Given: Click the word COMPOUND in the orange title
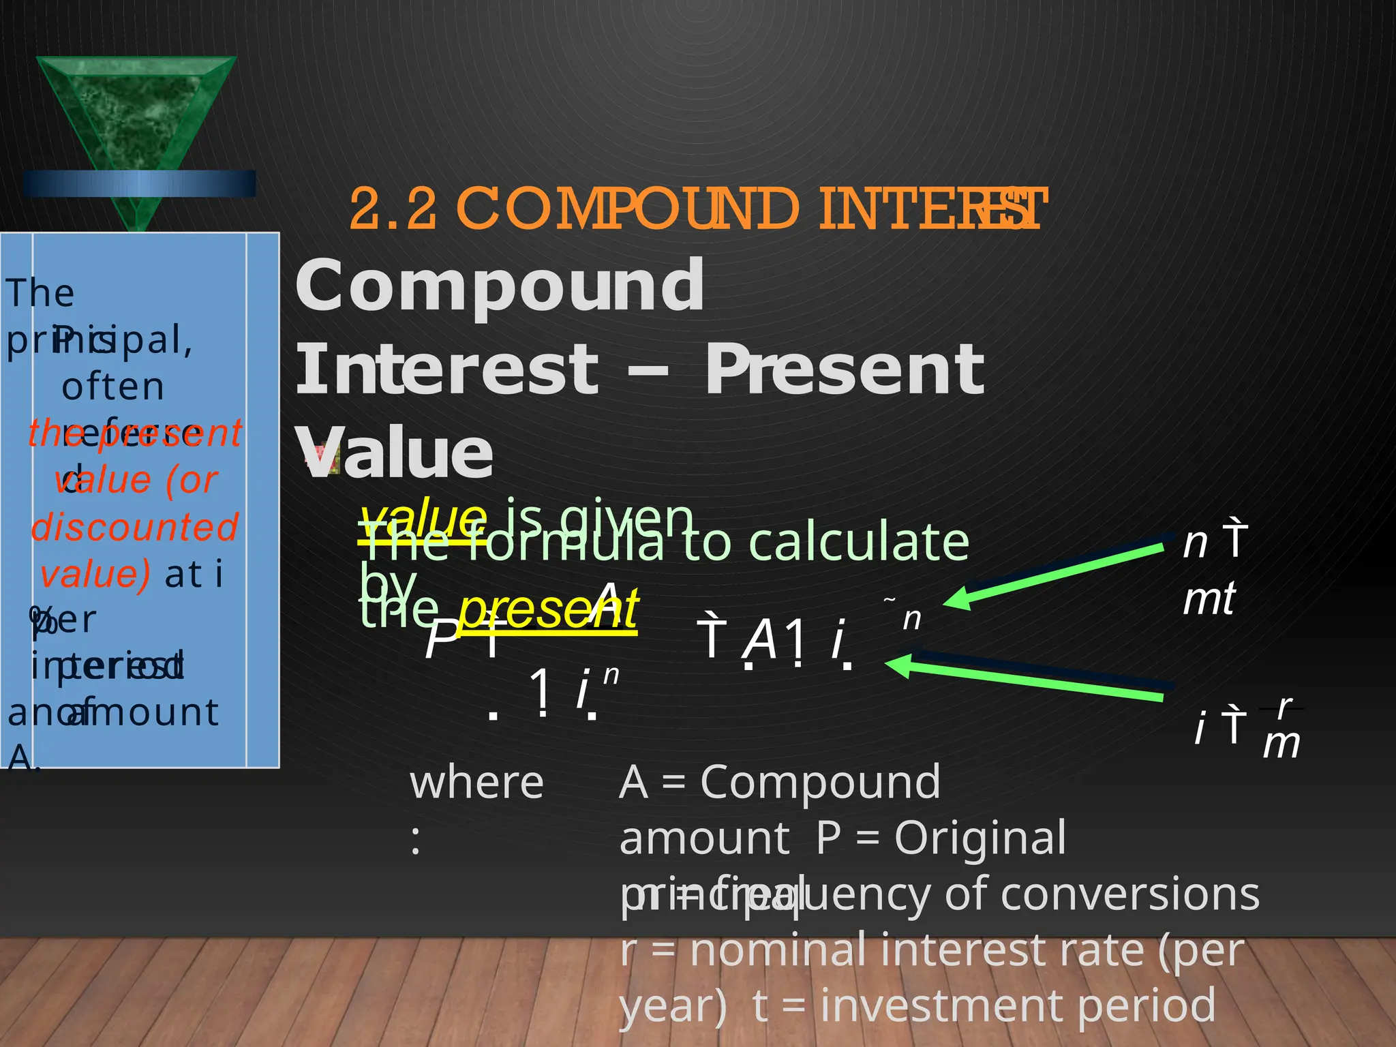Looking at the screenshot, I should point(627,209).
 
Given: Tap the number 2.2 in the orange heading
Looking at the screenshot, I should point(393,209).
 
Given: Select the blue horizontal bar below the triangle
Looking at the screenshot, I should point(140,184).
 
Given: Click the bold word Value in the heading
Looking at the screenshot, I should point(395,453).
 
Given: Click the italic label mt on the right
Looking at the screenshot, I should point(1209,599).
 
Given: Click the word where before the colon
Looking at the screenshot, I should point(476,783).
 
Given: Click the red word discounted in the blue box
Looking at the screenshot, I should point(135,527).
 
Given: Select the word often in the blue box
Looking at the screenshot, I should point(113,386).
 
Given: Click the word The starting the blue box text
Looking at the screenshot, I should point(40,293).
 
